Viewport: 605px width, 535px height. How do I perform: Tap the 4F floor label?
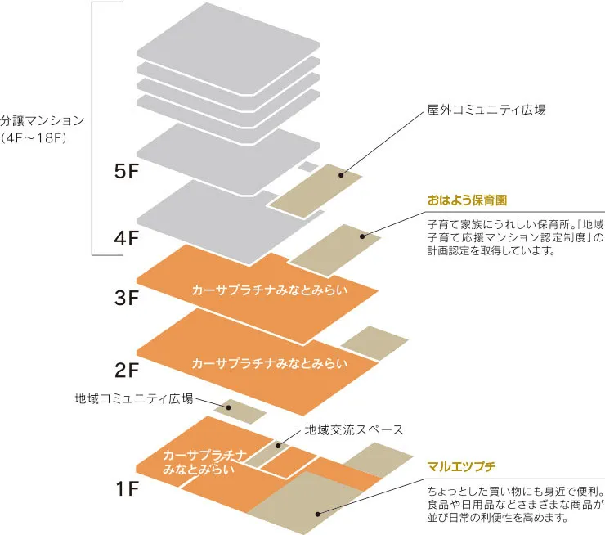click(129, 238)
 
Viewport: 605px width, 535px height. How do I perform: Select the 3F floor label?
click(129, 298)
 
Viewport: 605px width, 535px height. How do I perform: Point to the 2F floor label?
click(129, 371)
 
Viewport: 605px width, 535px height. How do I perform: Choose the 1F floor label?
click(129, 490)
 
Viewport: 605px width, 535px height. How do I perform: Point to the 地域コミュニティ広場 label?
click(134, 399)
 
